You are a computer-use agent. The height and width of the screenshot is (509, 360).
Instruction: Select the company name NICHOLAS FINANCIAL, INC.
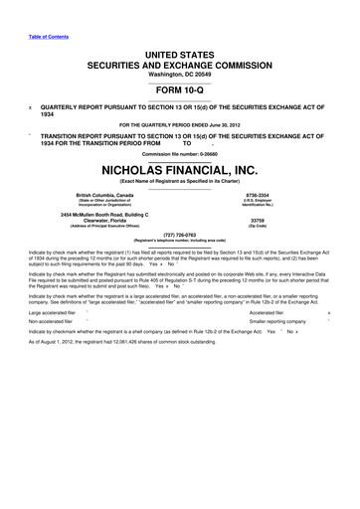click(x=179, y=168)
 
